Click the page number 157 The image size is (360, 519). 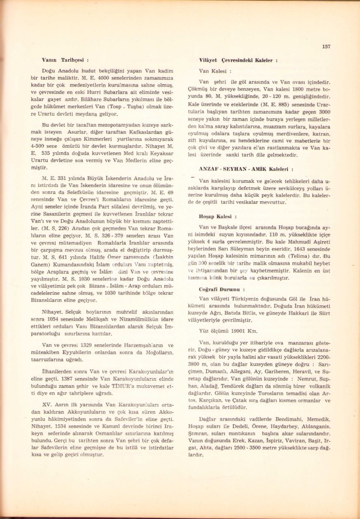(x=326, y=47)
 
